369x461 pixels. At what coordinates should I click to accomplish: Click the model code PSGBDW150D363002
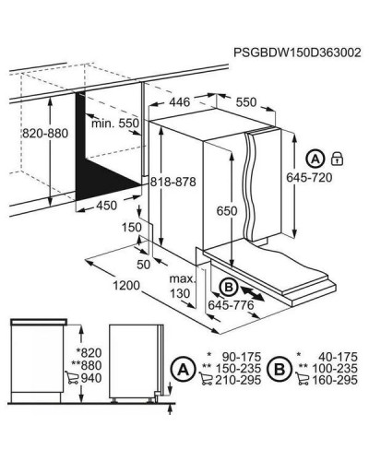pyautogui.click(x=297, y=53)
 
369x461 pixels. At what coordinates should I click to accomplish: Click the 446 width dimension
pyautogui.click(x=180, y=102)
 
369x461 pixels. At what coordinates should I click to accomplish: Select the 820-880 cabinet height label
pyautogui.click(x=45, y=134)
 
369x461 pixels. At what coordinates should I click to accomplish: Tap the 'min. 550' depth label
pyautogui.click(x=115, y=124)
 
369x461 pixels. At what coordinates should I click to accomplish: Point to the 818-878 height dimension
pyautogui.click(x=173, y=182)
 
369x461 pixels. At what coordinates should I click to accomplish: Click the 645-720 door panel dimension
pyautogui.click(x=309, y=178)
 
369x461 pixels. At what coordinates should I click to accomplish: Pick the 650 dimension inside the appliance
pyautogui.click(x=227, y=211)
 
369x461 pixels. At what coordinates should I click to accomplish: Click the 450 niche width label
pyautogui.click(x=107, y=206)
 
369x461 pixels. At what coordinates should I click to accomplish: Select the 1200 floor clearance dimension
pyautogui.click(x=126, y=286)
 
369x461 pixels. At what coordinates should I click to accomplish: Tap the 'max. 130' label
pyautogui.click(x=182, y=286)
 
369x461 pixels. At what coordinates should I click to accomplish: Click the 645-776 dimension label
pyautogui.click(x=231, y=305)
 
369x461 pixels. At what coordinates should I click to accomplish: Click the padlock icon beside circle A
pyautogui.click(x=337, y=159)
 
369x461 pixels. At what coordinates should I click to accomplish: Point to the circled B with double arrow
pyautogui.click(x=229, y=288)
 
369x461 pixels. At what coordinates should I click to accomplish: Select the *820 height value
pyautogui.click(x=89, y=353)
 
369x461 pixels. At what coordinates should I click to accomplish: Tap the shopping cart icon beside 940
pyautogui.click(x=72, y=378)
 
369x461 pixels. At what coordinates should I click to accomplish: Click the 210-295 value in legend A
pyautogui.click(x=238, y=380)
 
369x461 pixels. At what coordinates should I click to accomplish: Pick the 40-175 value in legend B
pyautogui.click(x=338, y=357)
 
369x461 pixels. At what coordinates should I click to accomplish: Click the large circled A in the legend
pyautogui.click(x=184, y=369)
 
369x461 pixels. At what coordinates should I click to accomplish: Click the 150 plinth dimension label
pyautogui.click(x=132, y=228)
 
